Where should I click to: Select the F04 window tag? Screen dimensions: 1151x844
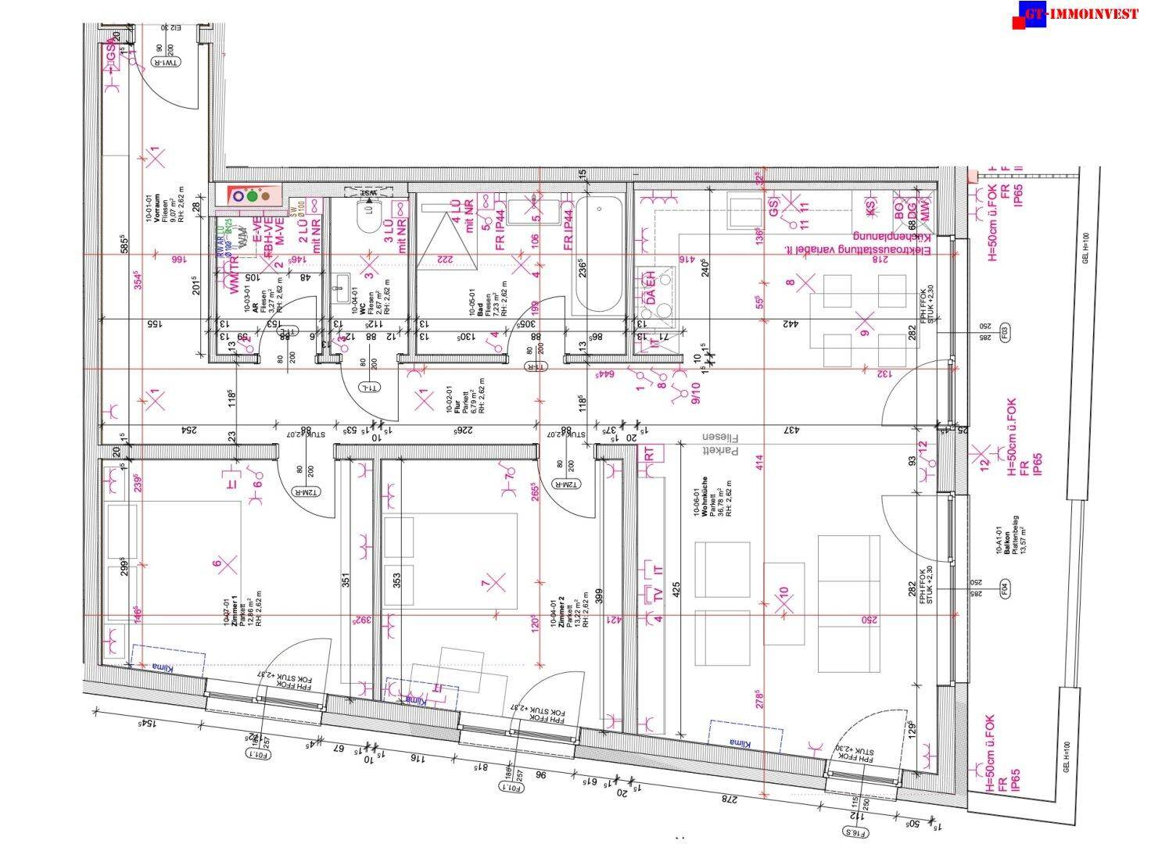pos(1005,586)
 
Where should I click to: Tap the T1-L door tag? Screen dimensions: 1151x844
pos(367,388)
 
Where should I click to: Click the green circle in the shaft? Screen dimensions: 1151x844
pos(252,195)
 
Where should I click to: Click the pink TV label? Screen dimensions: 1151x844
pos(658,595)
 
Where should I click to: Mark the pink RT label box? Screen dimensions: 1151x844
pos(648,452)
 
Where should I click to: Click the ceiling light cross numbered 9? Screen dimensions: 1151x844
pos(864,320)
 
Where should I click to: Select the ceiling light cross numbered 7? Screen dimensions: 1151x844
pos(495,581)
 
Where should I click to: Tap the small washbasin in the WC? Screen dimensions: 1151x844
pos(340,288)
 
